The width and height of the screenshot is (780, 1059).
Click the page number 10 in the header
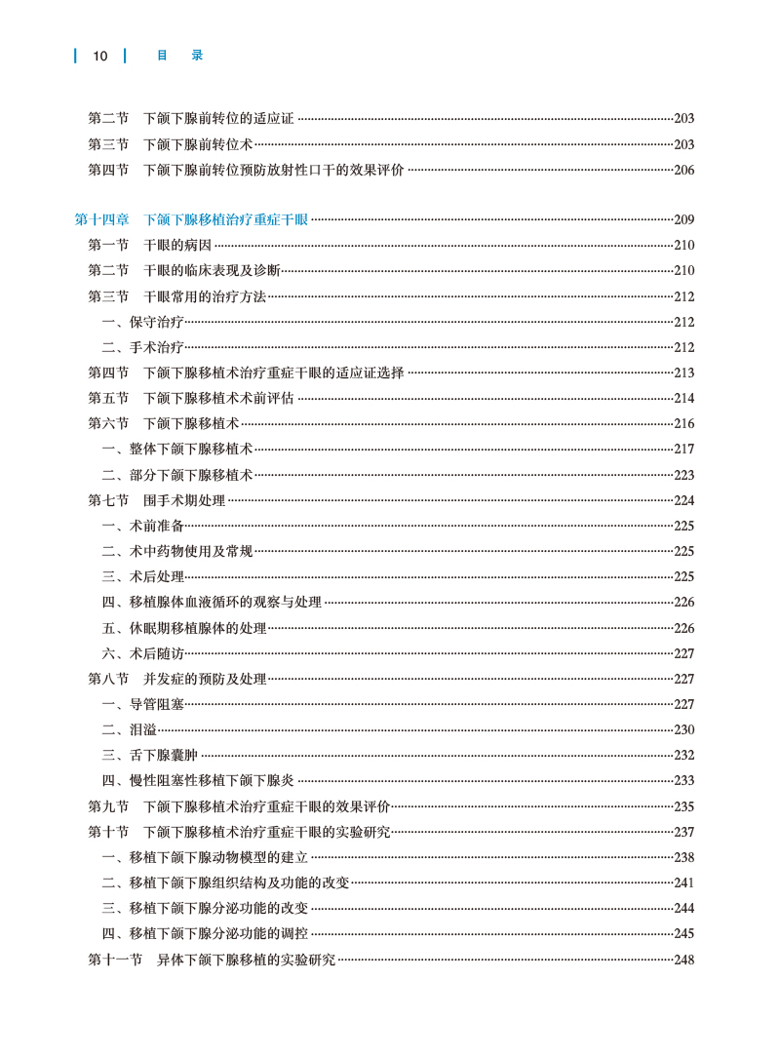click(99, 56)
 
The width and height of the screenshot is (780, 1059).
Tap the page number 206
click(683, 170)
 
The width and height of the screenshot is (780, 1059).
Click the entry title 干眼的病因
click(177, 245)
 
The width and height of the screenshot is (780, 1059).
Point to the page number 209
click(683, 219)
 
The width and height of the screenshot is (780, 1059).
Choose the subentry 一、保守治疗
click(142, 322)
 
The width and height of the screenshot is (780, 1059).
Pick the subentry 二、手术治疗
click(142, 347)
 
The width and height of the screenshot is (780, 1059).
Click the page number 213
click(683, 373)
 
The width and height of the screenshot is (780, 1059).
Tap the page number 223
click(683, 475)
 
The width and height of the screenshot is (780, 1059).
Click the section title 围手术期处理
click(184, 500)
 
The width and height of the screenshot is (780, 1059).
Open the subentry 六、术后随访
click(142, 653)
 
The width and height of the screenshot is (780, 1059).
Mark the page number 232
click(683, 755)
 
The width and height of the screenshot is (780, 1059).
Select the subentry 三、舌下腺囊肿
click(150, 755)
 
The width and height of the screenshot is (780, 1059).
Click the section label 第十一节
click(115, 960)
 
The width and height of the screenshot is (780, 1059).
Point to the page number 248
click(683, 960)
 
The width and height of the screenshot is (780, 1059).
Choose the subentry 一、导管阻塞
click(142, 704)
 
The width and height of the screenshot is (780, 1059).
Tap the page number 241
click(683, 882)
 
